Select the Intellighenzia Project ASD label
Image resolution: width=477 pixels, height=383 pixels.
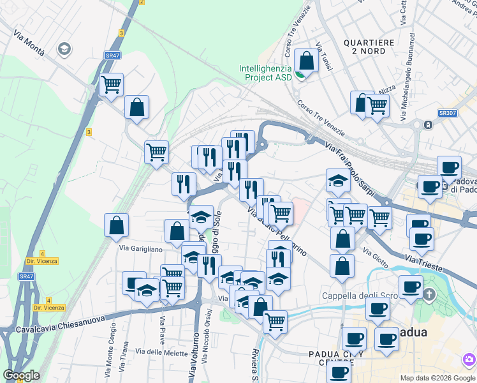tap(265, 73)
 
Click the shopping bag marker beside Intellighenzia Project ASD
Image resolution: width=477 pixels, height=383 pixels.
tap(307, 61)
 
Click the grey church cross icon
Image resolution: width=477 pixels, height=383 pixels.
tap(429, 295)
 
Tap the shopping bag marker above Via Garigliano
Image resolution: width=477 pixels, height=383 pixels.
tap(116, 225)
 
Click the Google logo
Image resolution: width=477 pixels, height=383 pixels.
tap(21, 375)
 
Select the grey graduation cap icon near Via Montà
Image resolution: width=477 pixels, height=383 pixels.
tap(64, 49)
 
